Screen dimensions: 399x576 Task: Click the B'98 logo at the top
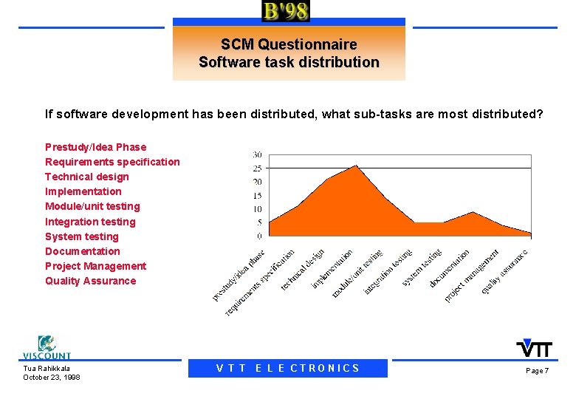[286, 11]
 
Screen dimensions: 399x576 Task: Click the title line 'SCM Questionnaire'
[289, 45]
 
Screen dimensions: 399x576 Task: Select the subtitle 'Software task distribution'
[289, 63]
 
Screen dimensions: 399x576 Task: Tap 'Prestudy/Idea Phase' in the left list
[95, 147]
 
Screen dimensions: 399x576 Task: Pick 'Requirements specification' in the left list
[112, 162]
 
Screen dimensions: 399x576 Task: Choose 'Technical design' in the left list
[86, 177]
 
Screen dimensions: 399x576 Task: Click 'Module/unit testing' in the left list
[92, 206]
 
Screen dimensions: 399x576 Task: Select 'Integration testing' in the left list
[90, 222]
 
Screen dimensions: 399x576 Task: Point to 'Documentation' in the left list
[82, 251]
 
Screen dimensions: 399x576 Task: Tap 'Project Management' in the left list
[95, 266]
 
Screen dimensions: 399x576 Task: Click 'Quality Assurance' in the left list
[90, 281]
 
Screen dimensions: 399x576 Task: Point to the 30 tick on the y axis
[257, 154]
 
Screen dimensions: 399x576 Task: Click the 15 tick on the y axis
[257, 196]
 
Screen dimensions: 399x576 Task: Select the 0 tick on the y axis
[259, 236]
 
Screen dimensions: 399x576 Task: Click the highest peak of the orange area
[356, 166]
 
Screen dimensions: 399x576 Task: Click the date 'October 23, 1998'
[52, 378]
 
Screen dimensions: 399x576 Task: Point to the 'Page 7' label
[537, 370]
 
